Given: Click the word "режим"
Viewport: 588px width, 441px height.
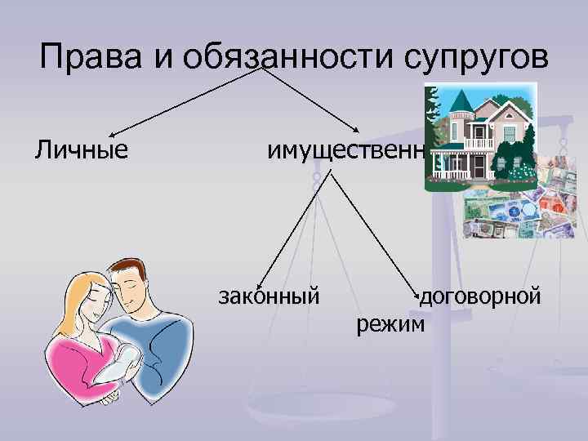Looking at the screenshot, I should point(391,324).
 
